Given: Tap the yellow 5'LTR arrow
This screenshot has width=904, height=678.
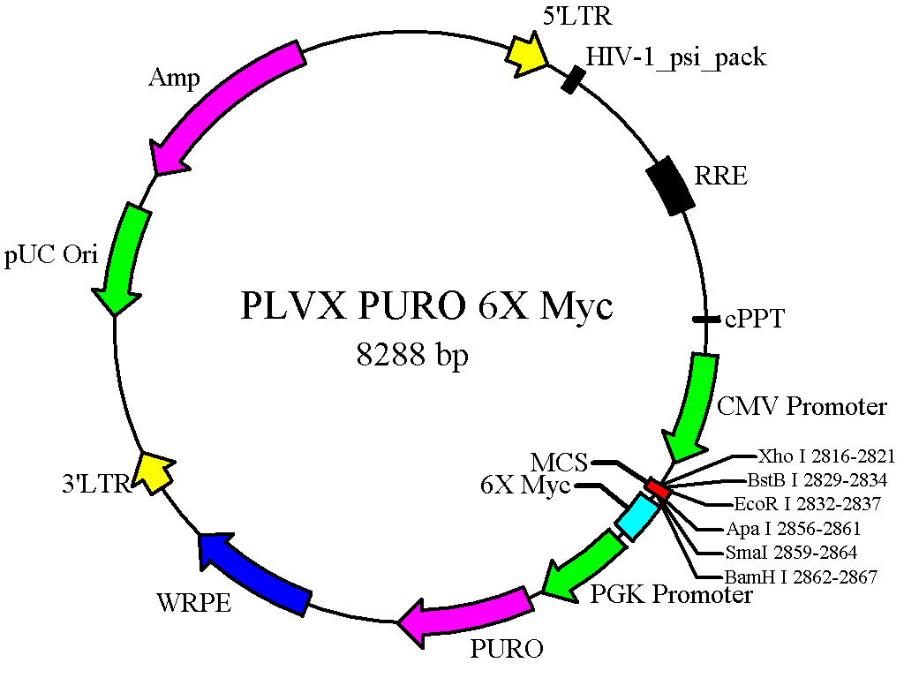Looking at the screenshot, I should [526, 54].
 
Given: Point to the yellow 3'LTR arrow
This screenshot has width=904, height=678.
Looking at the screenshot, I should [154, 472].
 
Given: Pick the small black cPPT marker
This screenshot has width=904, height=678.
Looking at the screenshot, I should [704, 319].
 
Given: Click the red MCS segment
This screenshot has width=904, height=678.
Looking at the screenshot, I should [658, 487].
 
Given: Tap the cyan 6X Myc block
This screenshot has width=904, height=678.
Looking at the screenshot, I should [637, 516].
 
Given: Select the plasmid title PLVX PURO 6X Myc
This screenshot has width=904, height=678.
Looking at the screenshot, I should [426, 307].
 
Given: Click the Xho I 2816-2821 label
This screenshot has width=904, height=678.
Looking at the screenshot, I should [826, 456].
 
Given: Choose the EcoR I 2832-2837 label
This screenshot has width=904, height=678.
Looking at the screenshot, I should [807, 505].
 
